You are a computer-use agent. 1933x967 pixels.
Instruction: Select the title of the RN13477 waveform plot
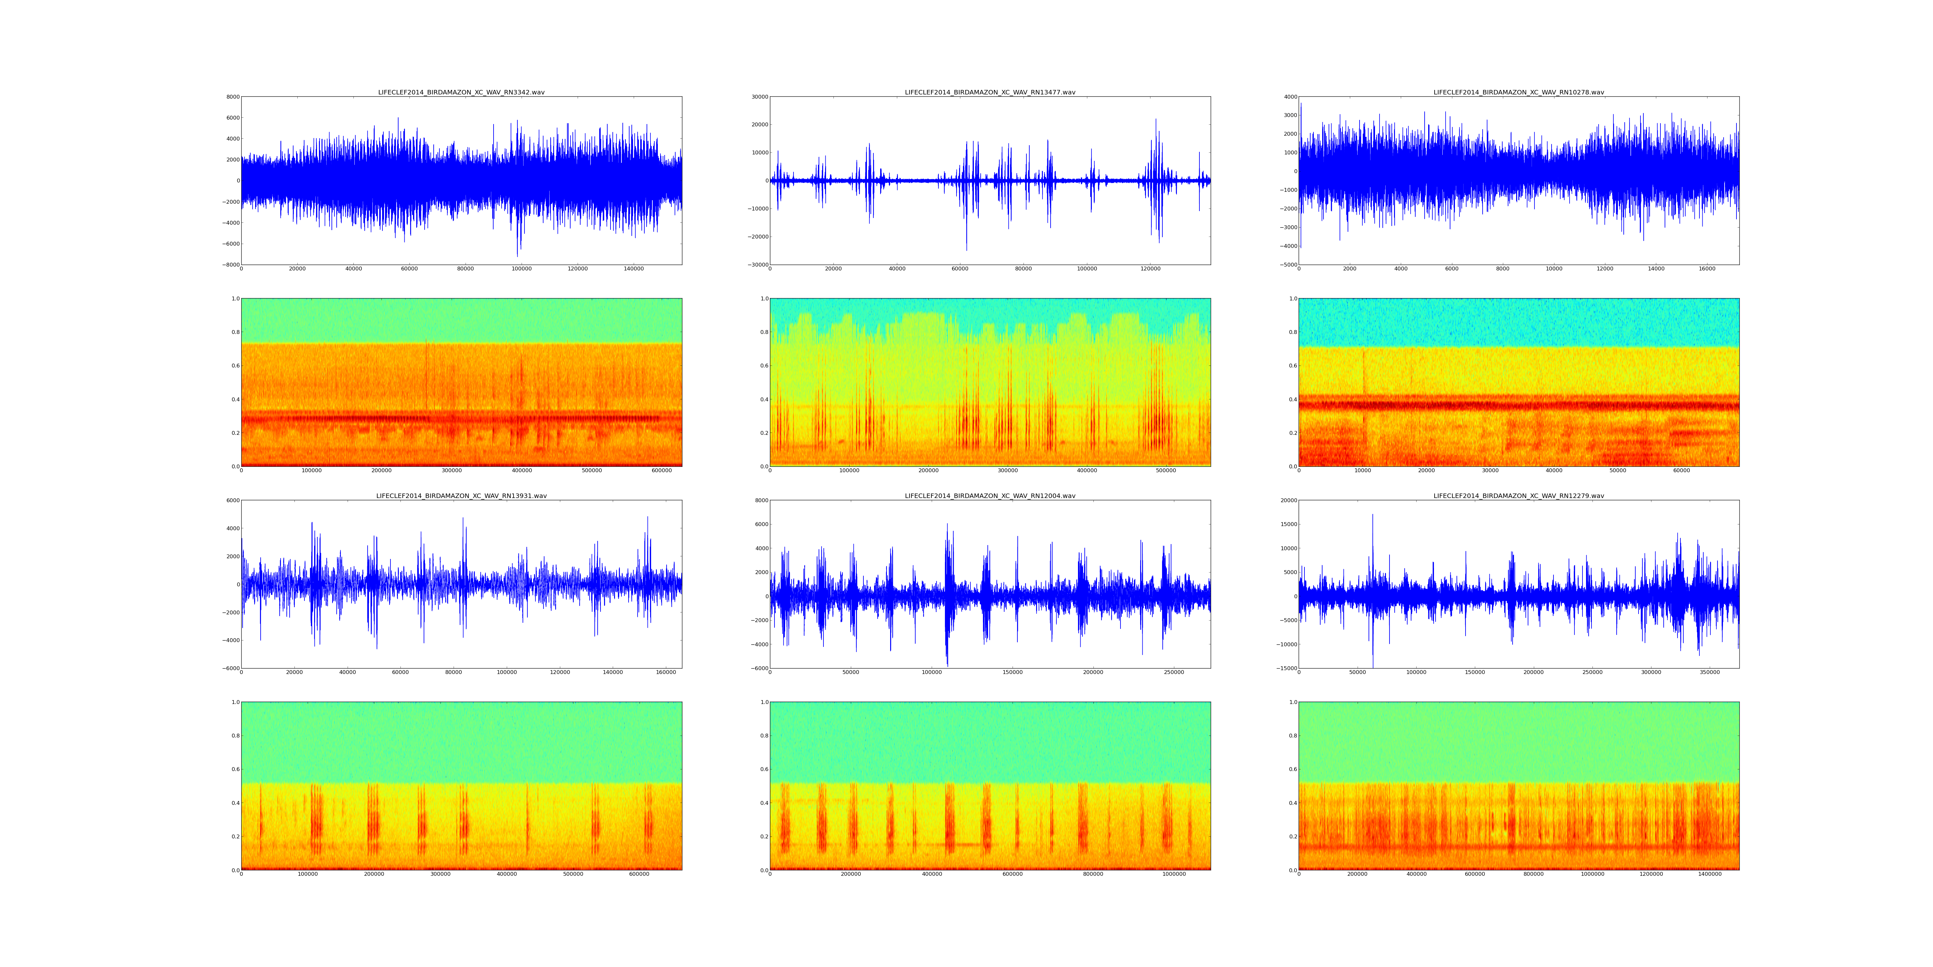pyautogui.click(x=990, y=92)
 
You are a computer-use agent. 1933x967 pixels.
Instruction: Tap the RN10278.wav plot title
pyautogui.click(x=1519, y=92)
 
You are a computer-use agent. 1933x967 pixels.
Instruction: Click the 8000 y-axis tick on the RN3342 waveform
pyautogui.click(x=233, y=97)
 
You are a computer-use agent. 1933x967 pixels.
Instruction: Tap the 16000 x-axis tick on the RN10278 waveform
pyautogui.click(x=1707, y=269)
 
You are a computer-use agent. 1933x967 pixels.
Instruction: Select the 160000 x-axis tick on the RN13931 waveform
pyautogui.click(x=666, y=673)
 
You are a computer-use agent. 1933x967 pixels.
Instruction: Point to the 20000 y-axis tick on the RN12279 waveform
pyautogui.click(x=1286, y=501)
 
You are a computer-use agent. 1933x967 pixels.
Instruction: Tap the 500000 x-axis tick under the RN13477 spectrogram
pyautogui.click(x=1166, y=471)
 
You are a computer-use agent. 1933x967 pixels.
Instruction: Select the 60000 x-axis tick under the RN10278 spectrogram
pyautogui.click(x=1682, y=471)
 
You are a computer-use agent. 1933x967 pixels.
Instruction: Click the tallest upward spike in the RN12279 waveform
pyautogui.click(x=1372, y=515)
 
